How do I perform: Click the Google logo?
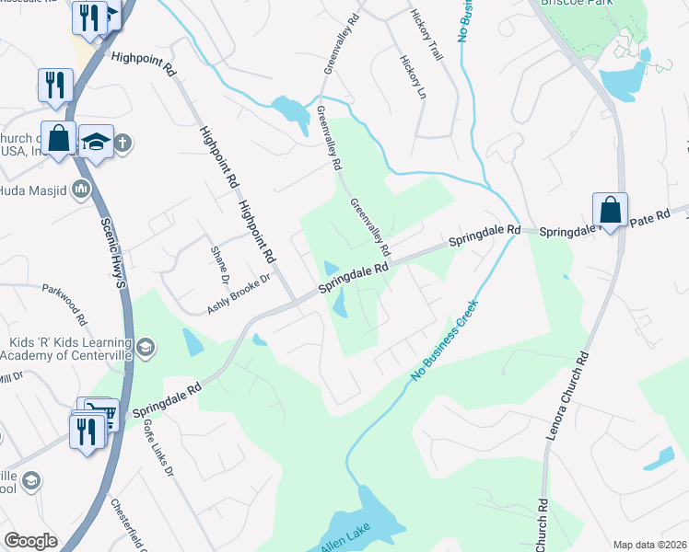30,541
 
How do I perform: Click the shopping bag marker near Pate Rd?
610,209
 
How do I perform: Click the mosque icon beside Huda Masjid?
80,190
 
